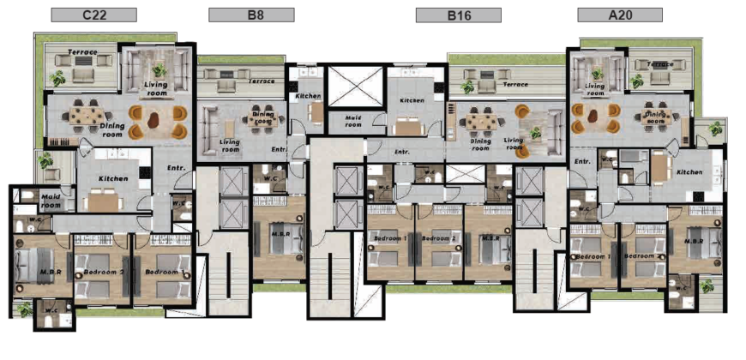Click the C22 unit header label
click(x=93, y=15)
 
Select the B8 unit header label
click(x=251, y=15)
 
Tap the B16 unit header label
click(x=459, y=15)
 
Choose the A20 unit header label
click(x=619, y=15)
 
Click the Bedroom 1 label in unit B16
click(x=390, y=238)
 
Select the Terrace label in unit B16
click(x=514, y=85)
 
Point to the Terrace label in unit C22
click(x=83, y=52)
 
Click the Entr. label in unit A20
click(x=582, y=161)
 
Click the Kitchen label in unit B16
click(x=412, y=101)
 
